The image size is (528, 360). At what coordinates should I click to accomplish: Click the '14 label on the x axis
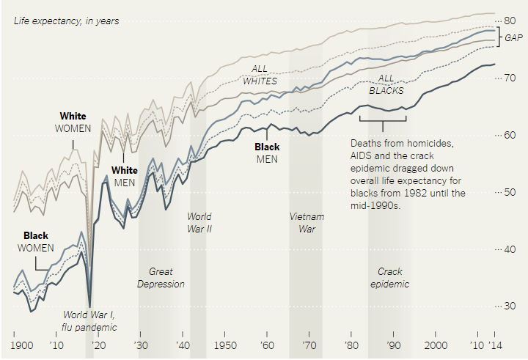[x=497, y=346]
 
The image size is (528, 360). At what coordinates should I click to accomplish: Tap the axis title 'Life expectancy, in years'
[x=66, y=21]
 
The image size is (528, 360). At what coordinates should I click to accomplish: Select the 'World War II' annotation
[x=199, y=222]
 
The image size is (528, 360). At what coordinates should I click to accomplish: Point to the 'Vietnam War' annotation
[x=307, y=222]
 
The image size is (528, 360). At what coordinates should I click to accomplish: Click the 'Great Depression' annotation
[x=161, y=278]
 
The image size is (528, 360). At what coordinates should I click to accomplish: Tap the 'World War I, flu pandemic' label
[x=90, y=322]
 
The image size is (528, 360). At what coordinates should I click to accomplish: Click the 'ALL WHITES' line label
[x=260, y=75]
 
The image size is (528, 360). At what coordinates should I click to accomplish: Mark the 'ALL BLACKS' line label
[x=386, y=84]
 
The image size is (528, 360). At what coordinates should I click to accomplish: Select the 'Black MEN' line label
[x=266, y=153]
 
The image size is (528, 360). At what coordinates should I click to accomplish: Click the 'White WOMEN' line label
[x=73, y=122]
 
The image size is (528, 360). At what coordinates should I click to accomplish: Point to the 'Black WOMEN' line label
[x=36, y=242]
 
